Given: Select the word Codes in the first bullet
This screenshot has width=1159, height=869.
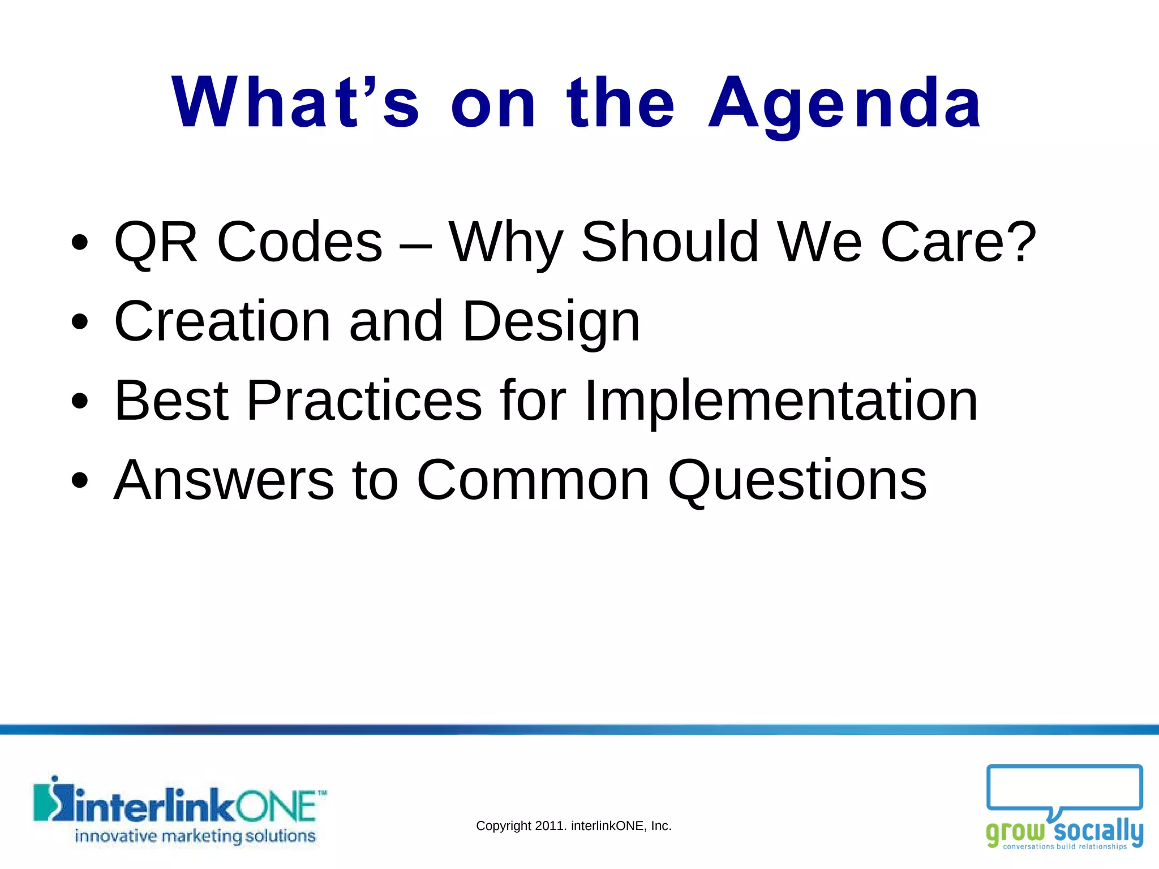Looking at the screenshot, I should (x=300, y=242).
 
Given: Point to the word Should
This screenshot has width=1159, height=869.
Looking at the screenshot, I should (x=669, y=242).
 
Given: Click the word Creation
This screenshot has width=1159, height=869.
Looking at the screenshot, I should (x=222, y=321).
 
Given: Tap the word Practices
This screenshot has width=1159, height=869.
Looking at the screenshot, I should (x=364, y=401).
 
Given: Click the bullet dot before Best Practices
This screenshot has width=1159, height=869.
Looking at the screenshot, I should (x=80, y=401).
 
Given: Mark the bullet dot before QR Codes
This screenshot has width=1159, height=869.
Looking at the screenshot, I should (x=80, y=243).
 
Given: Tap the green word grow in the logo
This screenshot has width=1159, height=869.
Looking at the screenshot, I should (x=1015, y=832).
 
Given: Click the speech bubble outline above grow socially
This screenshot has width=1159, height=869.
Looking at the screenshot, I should (x=1064, y=788).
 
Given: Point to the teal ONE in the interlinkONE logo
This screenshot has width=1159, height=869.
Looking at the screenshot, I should (x=276, y=806).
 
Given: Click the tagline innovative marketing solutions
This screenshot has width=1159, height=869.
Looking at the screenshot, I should (x=195, y=836).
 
